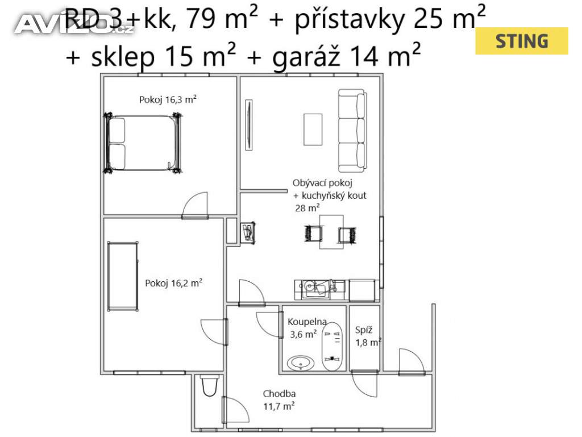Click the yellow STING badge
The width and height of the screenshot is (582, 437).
point(522,41)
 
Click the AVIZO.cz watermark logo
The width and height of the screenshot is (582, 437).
point(74,24)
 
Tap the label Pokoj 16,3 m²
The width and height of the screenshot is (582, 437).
point(168,99)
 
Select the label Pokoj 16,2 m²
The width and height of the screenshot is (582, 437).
point(174,283)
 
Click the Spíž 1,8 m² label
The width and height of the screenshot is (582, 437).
point(368,336)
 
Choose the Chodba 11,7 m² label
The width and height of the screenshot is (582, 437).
point(279,400)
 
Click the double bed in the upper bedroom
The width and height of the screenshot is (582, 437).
point(143,143)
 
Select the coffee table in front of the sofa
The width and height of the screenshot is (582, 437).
point(313,130)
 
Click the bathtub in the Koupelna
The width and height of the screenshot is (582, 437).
point(332,347)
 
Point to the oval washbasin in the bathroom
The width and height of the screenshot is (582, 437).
point(301,363)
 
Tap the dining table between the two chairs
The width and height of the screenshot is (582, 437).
point(331,232)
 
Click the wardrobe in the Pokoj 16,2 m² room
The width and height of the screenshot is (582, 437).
point(123,276)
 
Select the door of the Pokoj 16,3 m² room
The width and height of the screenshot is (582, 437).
point(195,206)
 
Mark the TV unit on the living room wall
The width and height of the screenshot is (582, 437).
point(249,125)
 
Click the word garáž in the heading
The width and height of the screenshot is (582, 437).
point(306,56)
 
